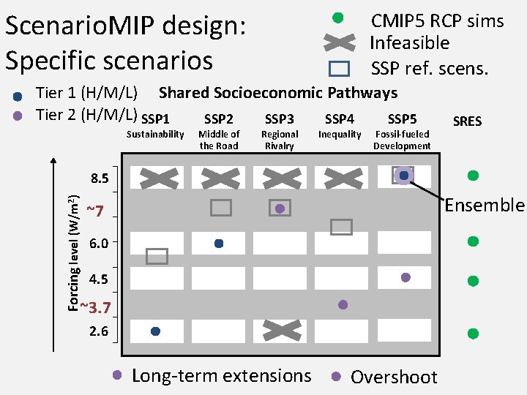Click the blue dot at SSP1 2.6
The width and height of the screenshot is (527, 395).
coord(155,331)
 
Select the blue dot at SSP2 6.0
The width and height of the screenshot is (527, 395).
coord(219,243)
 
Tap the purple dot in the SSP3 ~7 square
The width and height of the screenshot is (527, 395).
coord(280,208)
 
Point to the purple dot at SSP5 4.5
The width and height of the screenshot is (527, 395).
coord(405,277)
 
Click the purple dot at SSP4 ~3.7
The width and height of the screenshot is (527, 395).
coord(343,304)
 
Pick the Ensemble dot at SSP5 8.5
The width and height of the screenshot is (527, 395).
coord(403,176)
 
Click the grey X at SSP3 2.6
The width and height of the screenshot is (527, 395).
coord(282,331)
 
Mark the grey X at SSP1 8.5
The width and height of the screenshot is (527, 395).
coord(159,178)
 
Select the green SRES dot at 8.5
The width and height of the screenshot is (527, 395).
coord(473,176)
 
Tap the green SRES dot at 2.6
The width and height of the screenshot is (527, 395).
coord(473,334)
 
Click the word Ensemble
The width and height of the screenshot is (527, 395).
coord(485,205)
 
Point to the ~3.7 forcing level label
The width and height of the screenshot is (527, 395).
coord(95,307)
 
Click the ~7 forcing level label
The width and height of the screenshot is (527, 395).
coord(94,211)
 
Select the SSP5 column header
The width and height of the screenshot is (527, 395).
coord(402,119)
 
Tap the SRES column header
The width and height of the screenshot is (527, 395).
coord(467,121)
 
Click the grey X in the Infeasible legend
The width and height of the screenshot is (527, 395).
coord(340,42)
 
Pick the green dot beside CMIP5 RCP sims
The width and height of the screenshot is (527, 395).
coord(337,18)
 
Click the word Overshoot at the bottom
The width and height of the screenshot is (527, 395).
coord(394,377)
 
